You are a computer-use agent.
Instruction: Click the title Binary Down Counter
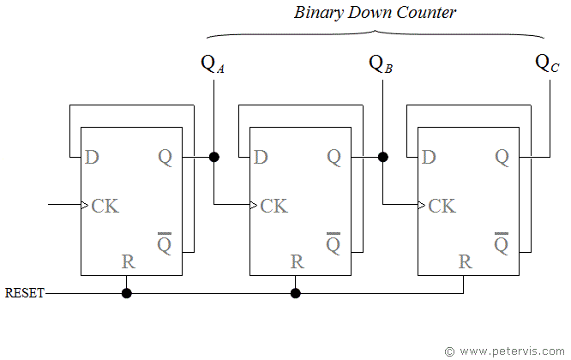pos(375,13)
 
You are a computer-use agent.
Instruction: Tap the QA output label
pos(211,64)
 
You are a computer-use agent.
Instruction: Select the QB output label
pos(380,64)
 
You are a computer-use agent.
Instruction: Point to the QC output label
pos(547,64)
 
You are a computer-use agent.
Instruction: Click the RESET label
pos(25,293)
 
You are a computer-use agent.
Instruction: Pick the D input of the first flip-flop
pos(92,157)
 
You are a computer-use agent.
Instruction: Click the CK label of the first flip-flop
pos(105,206)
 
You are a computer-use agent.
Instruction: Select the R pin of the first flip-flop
pos(128,261)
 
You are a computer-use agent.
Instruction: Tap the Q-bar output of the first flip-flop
pos(165,243)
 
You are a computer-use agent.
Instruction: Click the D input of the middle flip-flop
pos(261,157)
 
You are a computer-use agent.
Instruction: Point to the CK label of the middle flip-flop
pos(274,206)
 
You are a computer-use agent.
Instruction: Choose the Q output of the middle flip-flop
pos(334,157)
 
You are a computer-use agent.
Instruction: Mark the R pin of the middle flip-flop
pos(297,261)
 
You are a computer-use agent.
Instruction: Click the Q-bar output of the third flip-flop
pos(502,243)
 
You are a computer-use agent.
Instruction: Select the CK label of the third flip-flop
pos(442,206)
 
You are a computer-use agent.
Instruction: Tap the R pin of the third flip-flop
pos(465,261)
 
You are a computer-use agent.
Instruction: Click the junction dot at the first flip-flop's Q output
pos(213,157)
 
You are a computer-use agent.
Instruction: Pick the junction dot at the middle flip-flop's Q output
pos(382,157)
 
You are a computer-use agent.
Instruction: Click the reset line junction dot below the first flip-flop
pos(127,293)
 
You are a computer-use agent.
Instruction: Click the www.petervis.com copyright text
pos(506,351)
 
